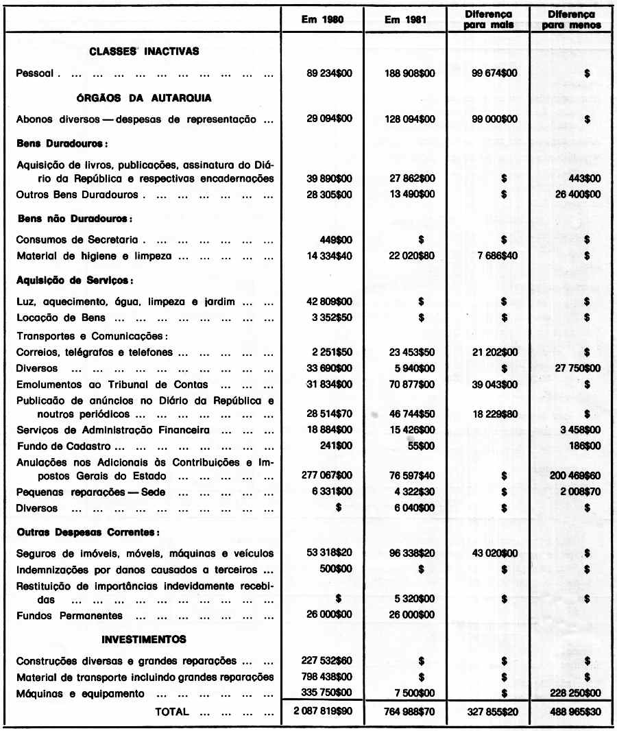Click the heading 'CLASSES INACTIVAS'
143,51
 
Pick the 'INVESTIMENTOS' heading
144,640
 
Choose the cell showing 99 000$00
494,119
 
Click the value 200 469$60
575,475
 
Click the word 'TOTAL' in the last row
172,711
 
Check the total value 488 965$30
574,712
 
